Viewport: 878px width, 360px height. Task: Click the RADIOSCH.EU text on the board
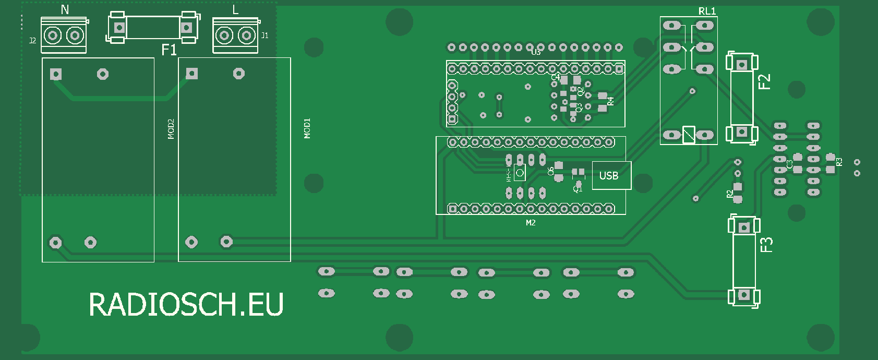tap(186, 304)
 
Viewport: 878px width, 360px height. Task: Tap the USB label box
tap(609, 175)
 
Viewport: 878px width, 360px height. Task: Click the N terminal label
tap(65, 9)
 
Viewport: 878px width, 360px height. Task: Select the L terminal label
tap(235, 9)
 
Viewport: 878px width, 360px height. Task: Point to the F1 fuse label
tap(169, 50)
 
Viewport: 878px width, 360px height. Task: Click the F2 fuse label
tap(764, 82)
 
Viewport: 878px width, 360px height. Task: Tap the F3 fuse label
tap(766, 245)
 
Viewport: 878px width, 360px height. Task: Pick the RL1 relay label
tap(707, 11)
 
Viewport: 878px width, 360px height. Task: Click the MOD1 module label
tap(307, 128)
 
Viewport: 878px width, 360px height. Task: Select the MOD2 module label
tap(171, 129)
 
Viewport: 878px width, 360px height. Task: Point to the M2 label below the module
tap(531, 223)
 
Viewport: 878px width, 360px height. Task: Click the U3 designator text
tap(536, 52)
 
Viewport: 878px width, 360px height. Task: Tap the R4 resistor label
tap(611, 101)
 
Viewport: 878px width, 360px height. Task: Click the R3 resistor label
tap(839, 162)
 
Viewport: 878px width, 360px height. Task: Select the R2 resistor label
tap(729, 194)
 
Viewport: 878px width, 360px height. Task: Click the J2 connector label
tap(32, 40)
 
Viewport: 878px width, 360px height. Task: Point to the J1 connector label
tap(264, 35)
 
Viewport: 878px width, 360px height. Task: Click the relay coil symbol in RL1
tap(689, 135)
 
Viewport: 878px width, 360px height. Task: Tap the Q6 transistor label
tap(550, 171)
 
